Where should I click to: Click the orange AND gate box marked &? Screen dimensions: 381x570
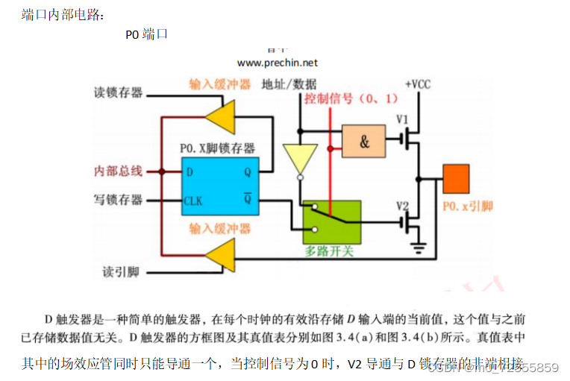(363, 140)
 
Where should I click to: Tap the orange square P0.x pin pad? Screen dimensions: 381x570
(456, 179)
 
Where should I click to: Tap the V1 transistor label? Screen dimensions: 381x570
(402, 119)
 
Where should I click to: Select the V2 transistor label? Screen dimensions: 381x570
(402, 205)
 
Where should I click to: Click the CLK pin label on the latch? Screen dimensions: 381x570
(193, 201)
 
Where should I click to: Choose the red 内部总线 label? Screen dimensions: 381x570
(118, 171)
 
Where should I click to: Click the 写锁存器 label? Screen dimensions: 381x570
(118, 200)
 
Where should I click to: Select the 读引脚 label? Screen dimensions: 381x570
(121, 271)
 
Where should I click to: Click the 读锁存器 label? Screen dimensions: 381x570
(118, 93)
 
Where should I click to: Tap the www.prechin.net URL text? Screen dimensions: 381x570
(278, 63)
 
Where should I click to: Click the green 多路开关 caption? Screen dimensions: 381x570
(329, 251)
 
